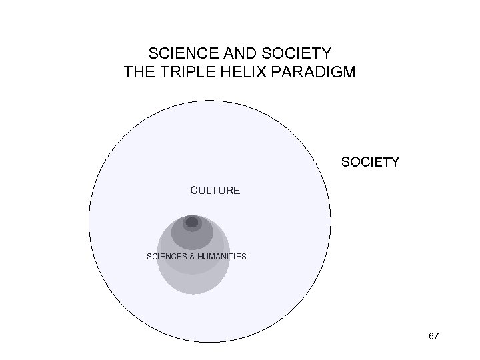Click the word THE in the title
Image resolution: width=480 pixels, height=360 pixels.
click(139, 71)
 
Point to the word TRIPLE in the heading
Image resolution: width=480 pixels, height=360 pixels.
click(184, 71)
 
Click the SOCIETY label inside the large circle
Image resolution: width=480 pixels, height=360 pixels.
click(369, 162)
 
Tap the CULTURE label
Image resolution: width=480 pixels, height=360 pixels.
click(215, 191)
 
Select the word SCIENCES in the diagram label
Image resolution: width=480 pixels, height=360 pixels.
click(166, 257)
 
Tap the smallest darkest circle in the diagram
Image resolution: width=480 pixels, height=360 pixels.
click(192, 223)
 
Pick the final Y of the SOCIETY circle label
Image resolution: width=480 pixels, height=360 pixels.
click(394, 162)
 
